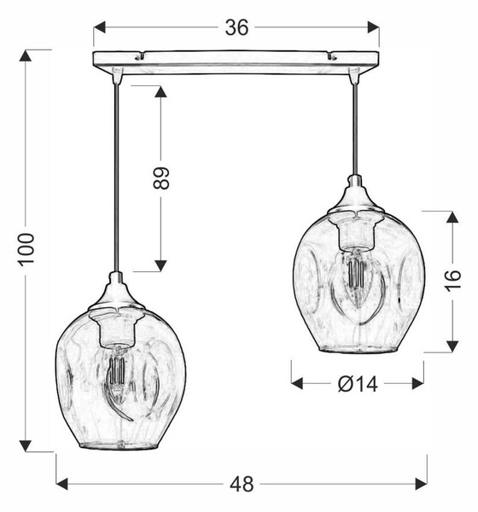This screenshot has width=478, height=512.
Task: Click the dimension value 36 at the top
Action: [x=236, y=27]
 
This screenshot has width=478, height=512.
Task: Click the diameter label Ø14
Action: [x=357, y=384]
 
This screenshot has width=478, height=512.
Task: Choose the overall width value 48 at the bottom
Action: [x=242, y=484]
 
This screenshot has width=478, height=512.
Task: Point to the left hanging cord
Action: [x=114, y=171]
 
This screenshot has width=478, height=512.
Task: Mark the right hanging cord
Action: [x=355, y=128]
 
